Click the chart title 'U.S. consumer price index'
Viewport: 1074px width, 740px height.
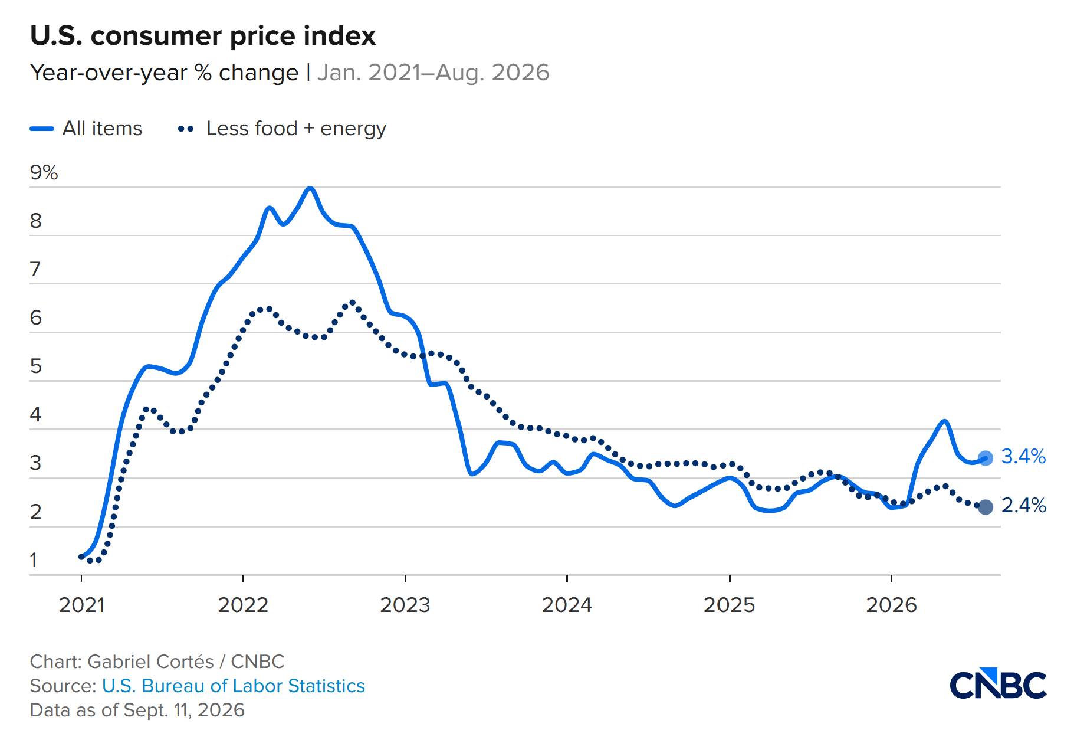click(202, 36)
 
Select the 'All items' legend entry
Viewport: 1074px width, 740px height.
click(86, 128)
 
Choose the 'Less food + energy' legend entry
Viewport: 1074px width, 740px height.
click(282, 128)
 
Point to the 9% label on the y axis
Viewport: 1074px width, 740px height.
click(44, 172)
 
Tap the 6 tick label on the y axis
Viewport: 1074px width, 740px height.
click(36, 318)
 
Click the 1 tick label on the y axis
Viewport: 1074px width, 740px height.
click(34, 560)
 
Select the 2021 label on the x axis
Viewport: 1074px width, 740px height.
click(81, 605)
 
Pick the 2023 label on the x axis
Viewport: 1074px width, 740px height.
click(405, 605)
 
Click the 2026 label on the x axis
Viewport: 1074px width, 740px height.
click(891, 605)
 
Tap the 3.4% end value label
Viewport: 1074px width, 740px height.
click(1023, 456)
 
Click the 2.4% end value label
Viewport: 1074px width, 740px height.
click(1023, 506)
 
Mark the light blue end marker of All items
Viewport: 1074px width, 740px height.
click(986, 458)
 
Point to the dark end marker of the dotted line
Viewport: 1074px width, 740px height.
click(986, 507)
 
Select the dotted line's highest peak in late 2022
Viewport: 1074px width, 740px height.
click(352, 302)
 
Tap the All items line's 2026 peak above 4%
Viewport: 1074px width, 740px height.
click(944, 421)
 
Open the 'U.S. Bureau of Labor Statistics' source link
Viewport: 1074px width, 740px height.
click(234, 686)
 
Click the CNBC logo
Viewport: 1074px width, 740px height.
click(998, 685)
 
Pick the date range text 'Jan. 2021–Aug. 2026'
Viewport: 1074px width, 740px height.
click(433, 73)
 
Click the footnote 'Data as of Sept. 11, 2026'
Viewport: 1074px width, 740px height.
click(137, 710)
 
